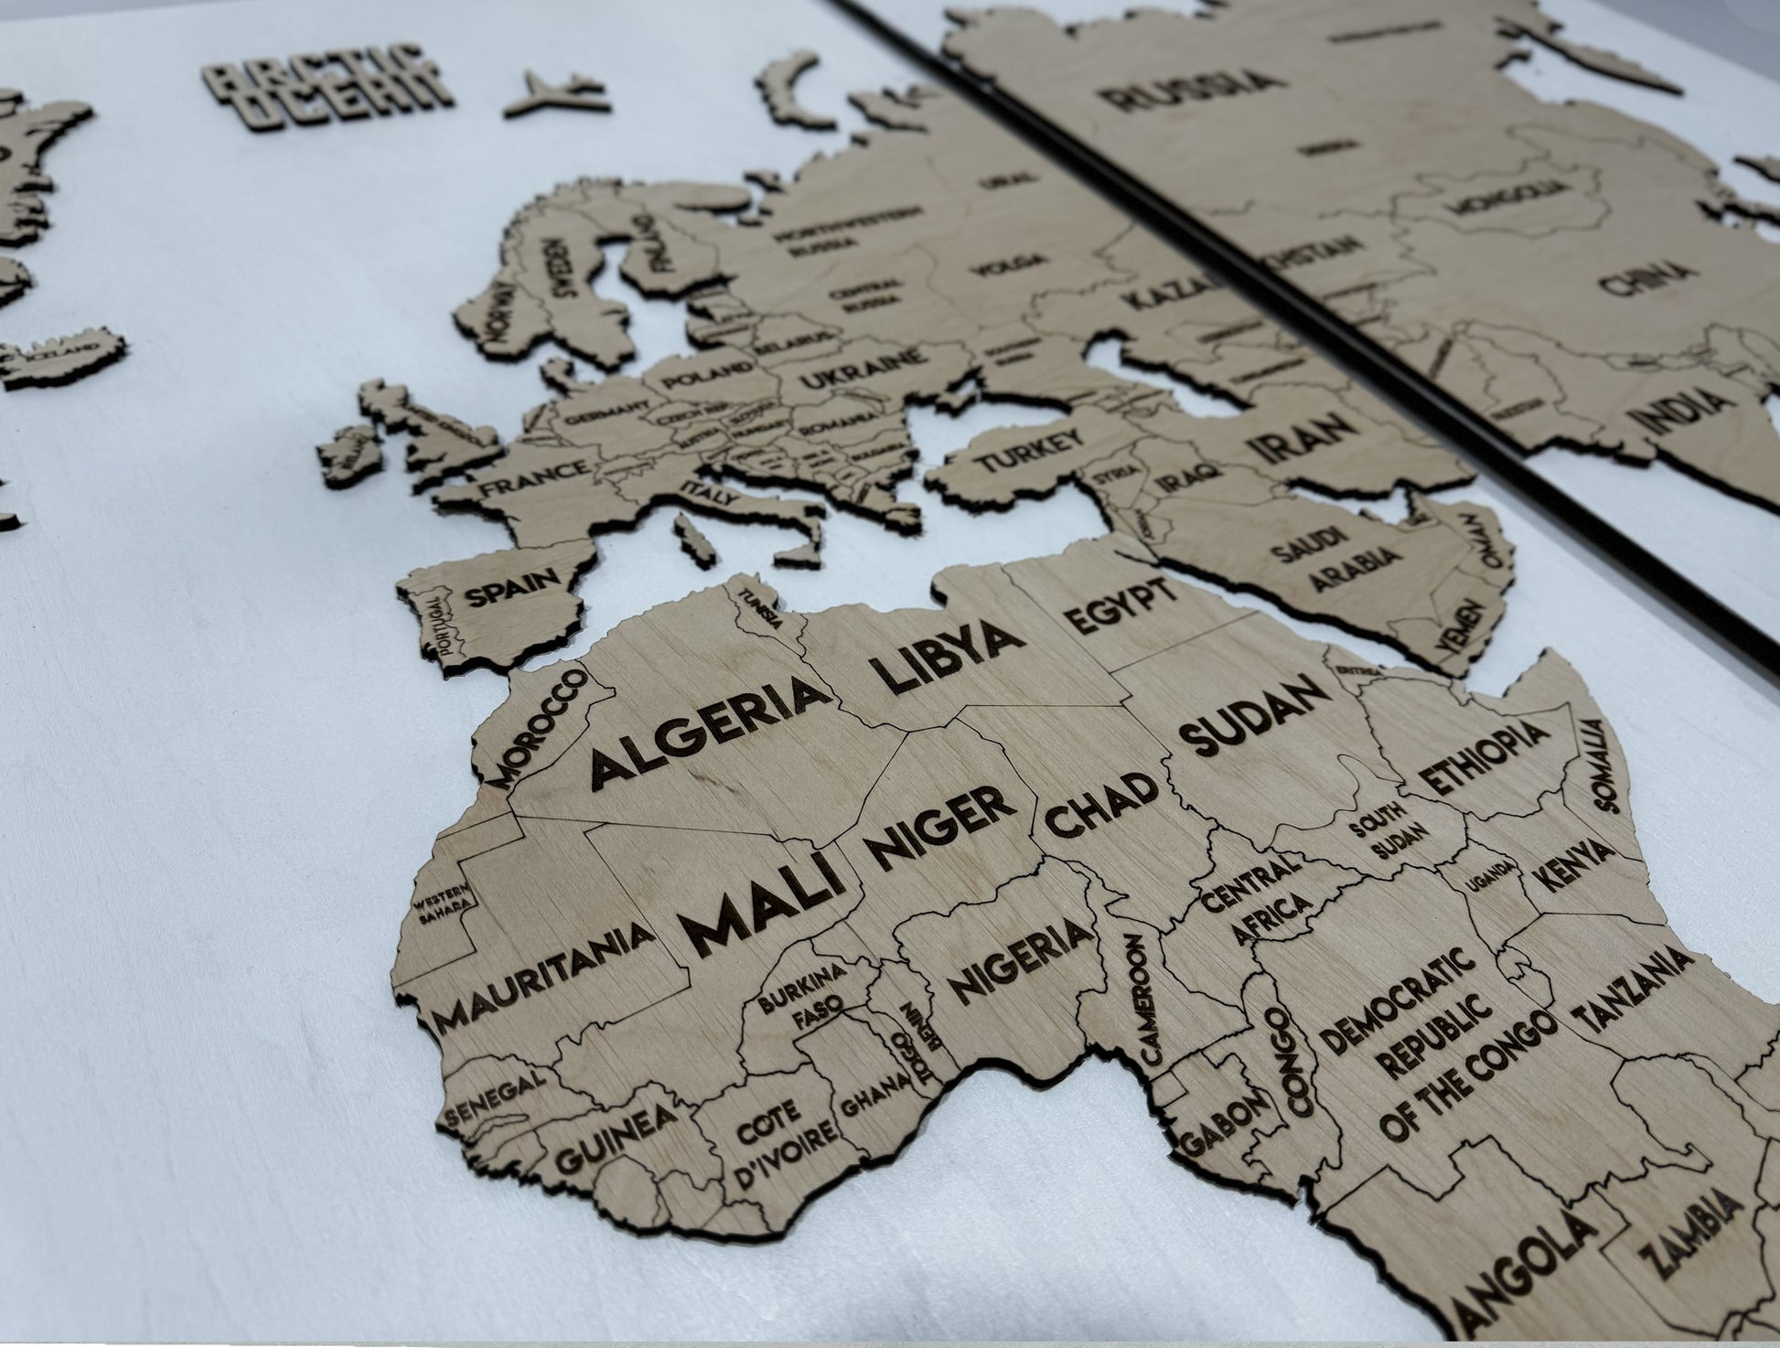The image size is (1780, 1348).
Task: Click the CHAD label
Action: (x=1101, y=806)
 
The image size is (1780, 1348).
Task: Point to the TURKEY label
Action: (x=1025, y=452)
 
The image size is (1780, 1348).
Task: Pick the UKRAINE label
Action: (x=859, y=372)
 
